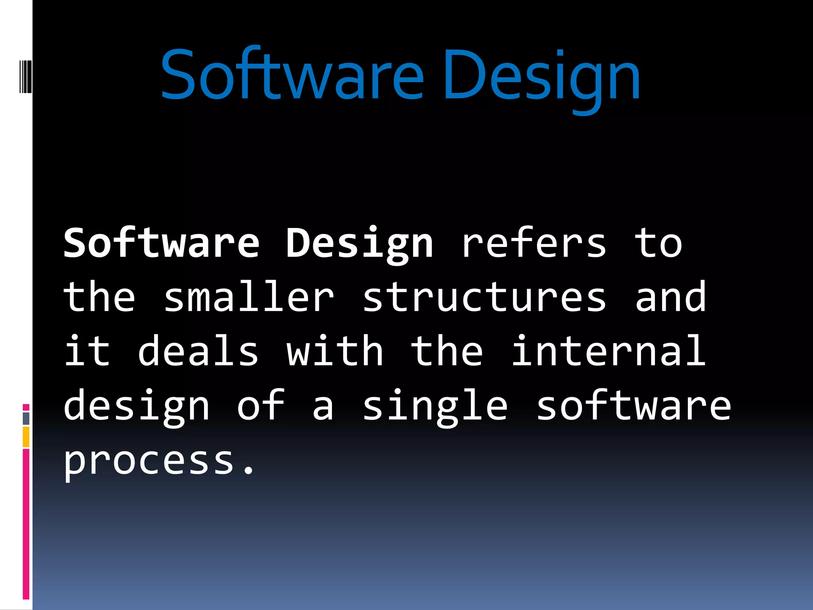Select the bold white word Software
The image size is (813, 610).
coord(162,243)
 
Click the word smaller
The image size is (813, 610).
coord(249,297)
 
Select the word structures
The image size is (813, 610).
coord(484,297)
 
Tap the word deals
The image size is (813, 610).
coord(198,351)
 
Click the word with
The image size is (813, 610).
coord(335,351)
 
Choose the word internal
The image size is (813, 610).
coord(609,351)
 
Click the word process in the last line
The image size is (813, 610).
coord(149,461)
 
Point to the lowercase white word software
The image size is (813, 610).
coord(634,406)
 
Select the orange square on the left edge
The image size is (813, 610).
coord(26,437)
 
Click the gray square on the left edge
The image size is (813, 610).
coord(26,418)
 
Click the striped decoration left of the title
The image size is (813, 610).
coord(25,75)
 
